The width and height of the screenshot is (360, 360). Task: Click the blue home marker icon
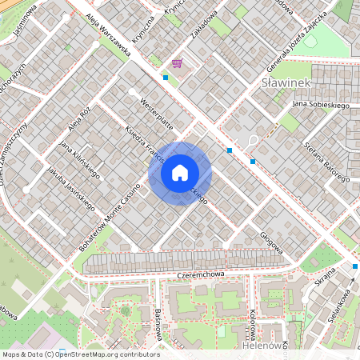(x=179, y=173)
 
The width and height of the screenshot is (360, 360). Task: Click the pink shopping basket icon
(x=176, y=63)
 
